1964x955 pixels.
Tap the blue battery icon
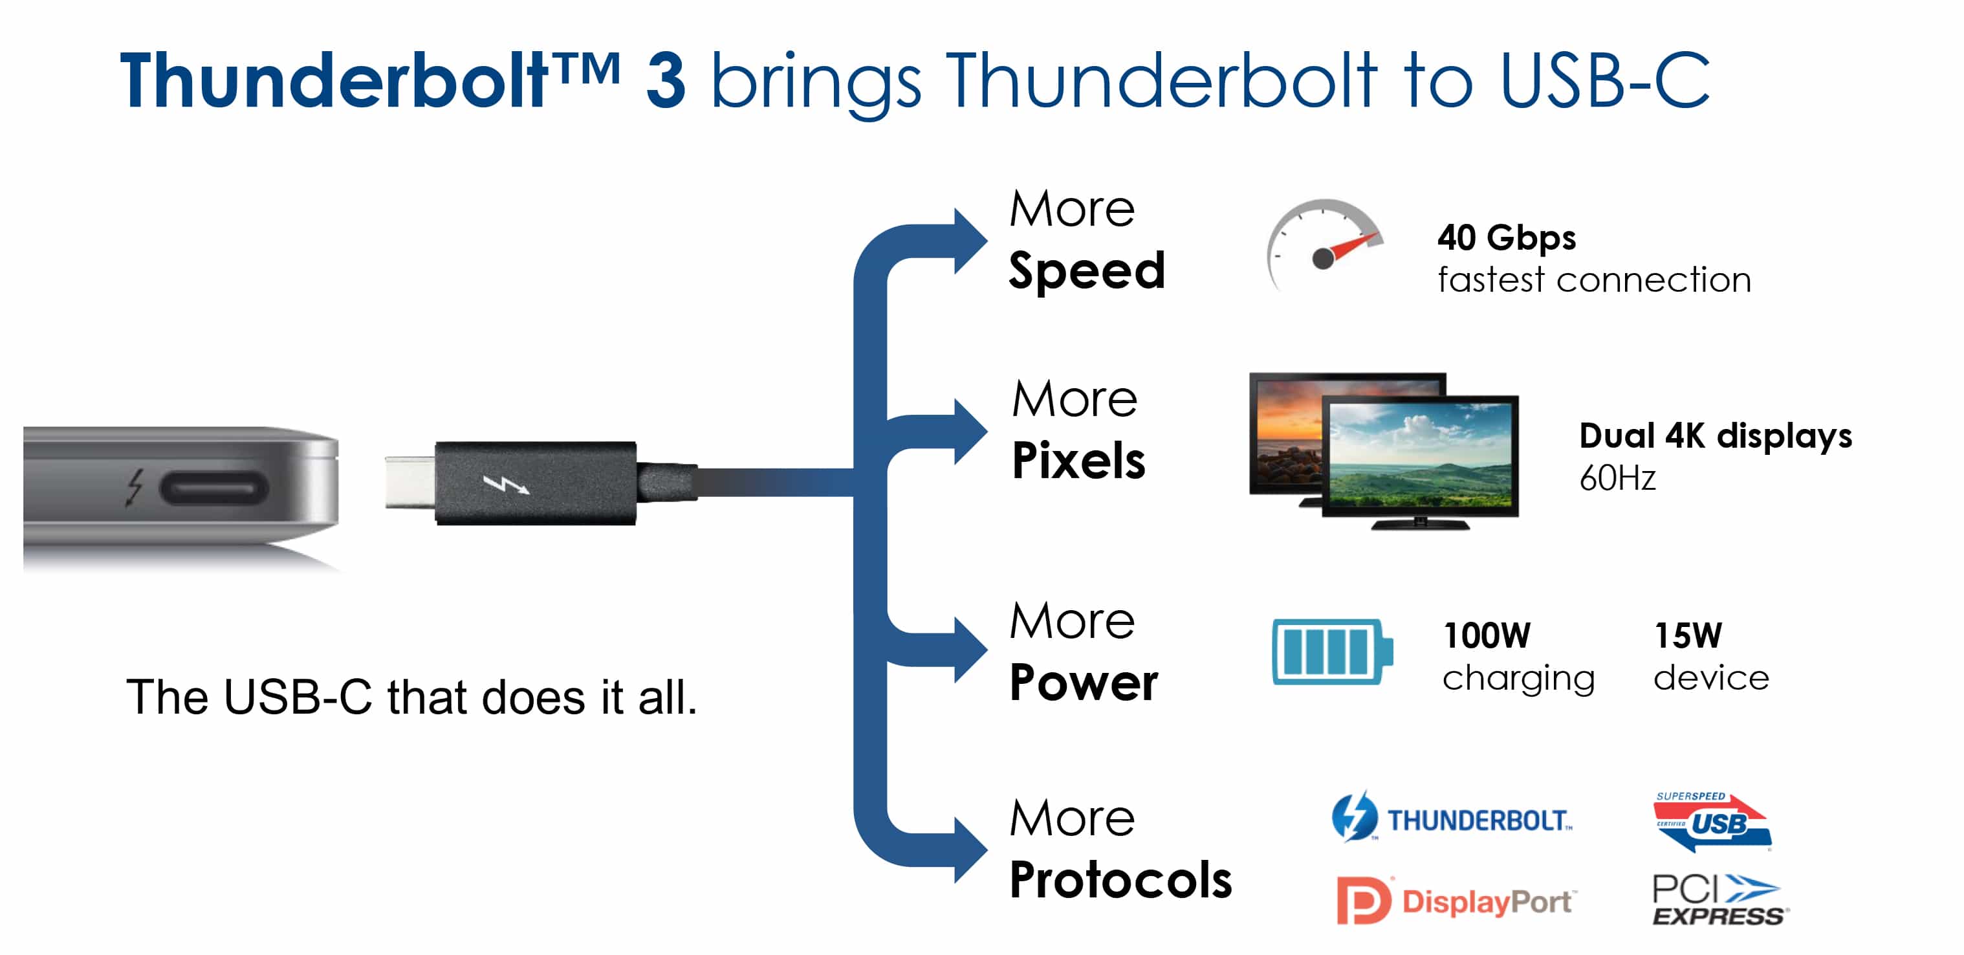pos(1332,652)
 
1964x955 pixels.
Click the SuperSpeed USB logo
pos(1712,822)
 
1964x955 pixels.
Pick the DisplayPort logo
pos(1456,900)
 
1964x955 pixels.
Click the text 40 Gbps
pos(1507,237)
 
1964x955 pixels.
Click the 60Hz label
pos(1617,478)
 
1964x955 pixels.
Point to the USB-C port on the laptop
pos(213,487)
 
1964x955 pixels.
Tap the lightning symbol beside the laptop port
pos(134,487)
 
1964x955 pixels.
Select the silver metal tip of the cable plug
pos(410,481)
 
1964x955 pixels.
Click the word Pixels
pos(1078,460)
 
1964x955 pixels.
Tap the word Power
pos(1084,682)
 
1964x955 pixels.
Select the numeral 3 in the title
pos(666,82)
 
